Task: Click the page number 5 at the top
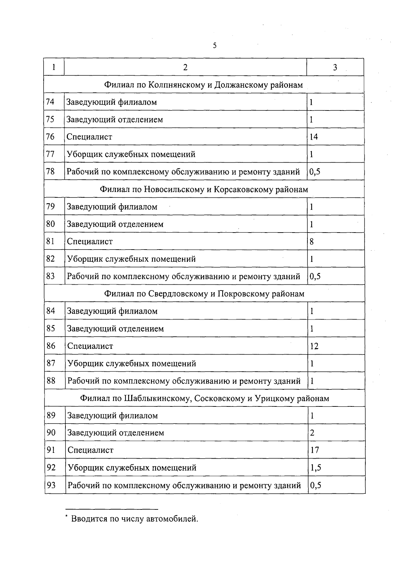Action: pyautogui.click(x=214, y=46)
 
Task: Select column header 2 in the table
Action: pyautogui.click(x=185, y=67)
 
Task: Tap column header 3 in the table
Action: pyautogui.click(x=335, y=67)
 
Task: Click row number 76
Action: pyautogui.click(x=50, y=137)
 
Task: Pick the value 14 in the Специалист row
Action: pyautogui.click(x=314, y=137)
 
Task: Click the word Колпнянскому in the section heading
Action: pyautogui.click(x=177, y=85)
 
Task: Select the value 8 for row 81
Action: pyautogui.click(x=312, y=242)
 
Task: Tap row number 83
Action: pyautogui.click(x=50, y=276)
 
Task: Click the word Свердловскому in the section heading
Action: pyautogui.click(x=178, y=294)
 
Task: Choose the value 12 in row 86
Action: pyautogui.click(x=314, y=346)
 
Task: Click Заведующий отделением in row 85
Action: pyautogui.click(x=116, y=329)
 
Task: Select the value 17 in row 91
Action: pyautogui.click(x=314, y=450)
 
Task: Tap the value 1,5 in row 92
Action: pyautogui.click(x=315, y=467)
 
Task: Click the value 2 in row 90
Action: pyautogui.click(x=312, y=433)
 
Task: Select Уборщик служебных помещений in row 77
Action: pyautogui.click(x=131, y=154)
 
